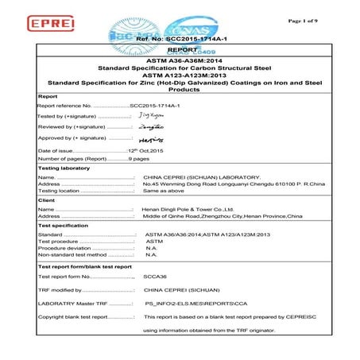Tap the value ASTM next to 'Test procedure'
pyautogui.click(x=153, y=242)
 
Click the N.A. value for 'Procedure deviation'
pyautogui.click(x=151, y=249)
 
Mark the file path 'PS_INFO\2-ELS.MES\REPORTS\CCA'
pyautogui.click(x=190, y=304)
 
